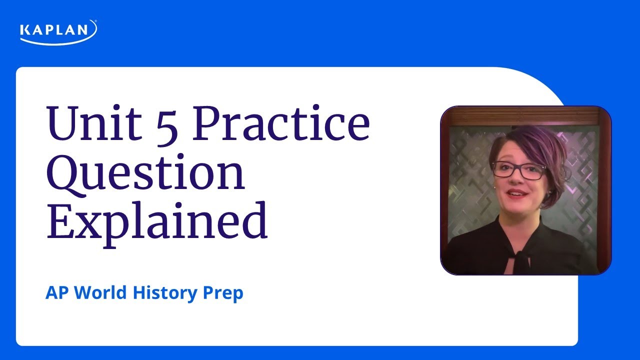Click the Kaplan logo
click(x=58, y=31)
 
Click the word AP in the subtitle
click(x=57, y=293)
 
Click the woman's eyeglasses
click(x=518, y=170)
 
